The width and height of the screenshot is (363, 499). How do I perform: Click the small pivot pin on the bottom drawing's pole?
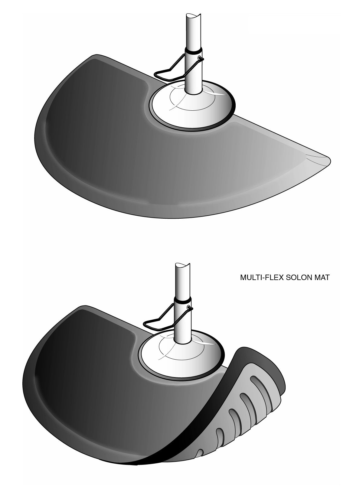[190, 308]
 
